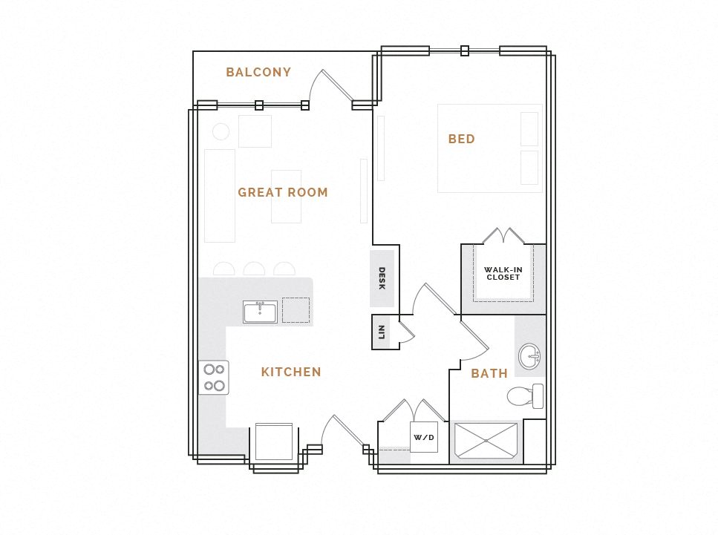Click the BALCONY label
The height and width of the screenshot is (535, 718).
coord(258,73)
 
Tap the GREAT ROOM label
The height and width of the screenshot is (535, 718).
coord(282,192)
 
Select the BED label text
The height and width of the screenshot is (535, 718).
coord(461,139)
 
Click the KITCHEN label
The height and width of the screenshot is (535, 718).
coord(291,372)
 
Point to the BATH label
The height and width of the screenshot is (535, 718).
coord(489,373)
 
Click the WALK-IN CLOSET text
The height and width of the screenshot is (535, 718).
coord(503,274)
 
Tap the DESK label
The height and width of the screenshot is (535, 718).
coord(382,278)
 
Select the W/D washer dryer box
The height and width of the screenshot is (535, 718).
coord(424,437)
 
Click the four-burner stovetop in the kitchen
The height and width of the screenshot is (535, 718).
coord(214,377)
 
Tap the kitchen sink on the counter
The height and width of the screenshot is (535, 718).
coord(260,312)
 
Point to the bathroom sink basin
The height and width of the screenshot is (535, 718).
coord(529,356)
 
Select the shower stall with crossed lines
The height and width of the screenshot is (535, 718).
coord(486,441)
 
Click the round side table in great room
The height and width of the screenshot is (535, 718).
coord(221,132)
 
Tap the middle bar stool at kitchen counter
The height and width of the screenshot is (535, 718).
coord(254,269)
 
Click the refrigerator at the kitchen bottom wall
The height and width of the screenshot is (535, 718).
coord(274,442)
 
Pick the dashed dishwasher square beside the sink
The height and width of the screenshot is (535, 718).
coord(296,310)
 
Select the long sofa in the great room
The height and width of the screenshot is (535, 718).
coord(220,195)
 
